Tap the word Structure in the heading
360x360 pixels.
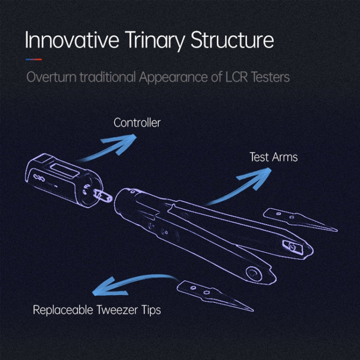pyautogui.click(x=232, y=41)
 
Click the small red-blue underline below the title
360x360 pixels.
pyautogui.click(x=33, y=60)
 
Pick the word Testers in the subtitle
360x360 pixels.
pyautogui.click(x=271, y=77)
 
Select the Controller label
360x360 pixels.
pyautogui.click(x=137, y=123)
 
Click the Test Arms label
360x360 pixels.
pyautogui.click(x=274, y=157)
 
